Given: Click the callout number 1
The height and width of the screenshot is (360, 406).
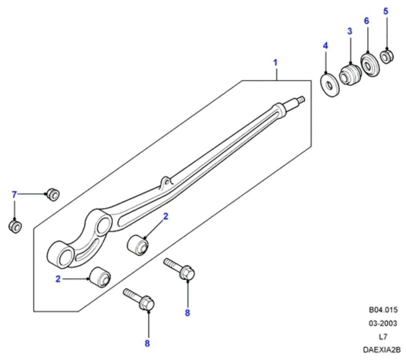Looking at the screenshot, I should (x=275, y=63).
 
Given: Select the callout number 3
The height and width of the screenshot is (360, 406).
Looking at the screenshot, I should (x=350, y=31).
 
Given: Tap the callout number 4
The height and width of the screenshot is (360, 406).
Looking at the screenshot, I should (x=325, y=46).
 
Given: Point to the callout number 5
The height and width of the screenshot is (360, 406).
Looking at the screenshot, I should (x=386, y=11).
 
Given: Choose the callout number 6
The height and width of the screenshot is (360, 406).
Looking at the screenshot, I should (x=366, y=21).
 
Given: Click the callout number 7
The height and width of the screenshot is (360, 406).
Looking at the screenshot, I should (x=14, y=195).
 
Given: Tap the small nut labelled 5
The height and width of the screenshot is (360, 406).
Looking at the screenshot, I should (x=387, y=56).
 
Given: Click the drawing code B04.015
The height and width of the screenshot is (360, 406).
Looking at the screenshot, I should (x=383, y=310).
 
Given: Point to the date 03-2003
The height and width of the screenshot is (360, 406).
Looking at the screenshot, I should (x=383, y=323).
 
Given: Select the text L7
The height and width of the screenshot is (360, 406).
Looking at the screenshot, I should (x=383, y=336).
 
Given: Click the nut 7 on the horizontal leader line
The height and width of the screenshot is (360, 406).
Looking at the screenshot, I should (x=52, y=194).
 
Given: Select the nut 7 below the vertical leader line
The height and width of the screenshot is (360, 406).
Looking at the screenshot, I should (x=15, y=226).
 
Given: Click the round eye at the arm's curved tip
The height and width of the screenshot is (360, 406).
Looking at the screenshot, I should (x=62, y=254).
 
